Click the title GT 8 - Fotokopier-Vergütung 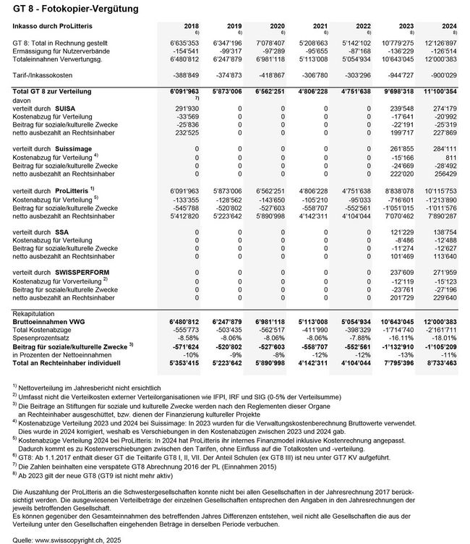(54, 8)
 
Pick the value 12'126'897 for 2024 (441, 43)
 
